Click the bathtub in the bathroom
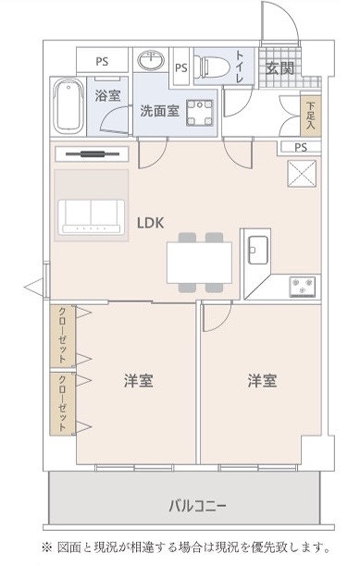point(68,105)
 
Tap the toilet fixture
point(211,67)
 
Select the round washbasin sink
point(151,60)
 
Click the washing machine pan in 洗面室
point(200,113)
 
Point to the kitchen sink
point(258,250)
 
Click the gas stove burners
point(303,286)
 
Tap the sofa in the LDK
point(92,216)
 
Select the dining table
point(199,263)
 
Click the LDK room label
point(151,223)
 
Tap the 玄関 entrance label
point(279,68)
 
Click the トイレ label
point(240,68)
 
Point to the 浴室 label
point(107,95)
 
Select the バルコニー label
point(197,506)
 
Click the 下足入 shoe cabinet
point(311,117)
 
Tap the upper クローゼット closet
point(62,336)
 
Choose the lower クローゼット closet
point(62,403)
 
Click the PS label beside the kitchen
point(301,147)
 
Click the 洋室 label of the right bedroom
point(263,381)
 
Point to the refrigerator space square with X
point(302,174)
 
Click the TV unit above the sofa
point(93,154)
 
